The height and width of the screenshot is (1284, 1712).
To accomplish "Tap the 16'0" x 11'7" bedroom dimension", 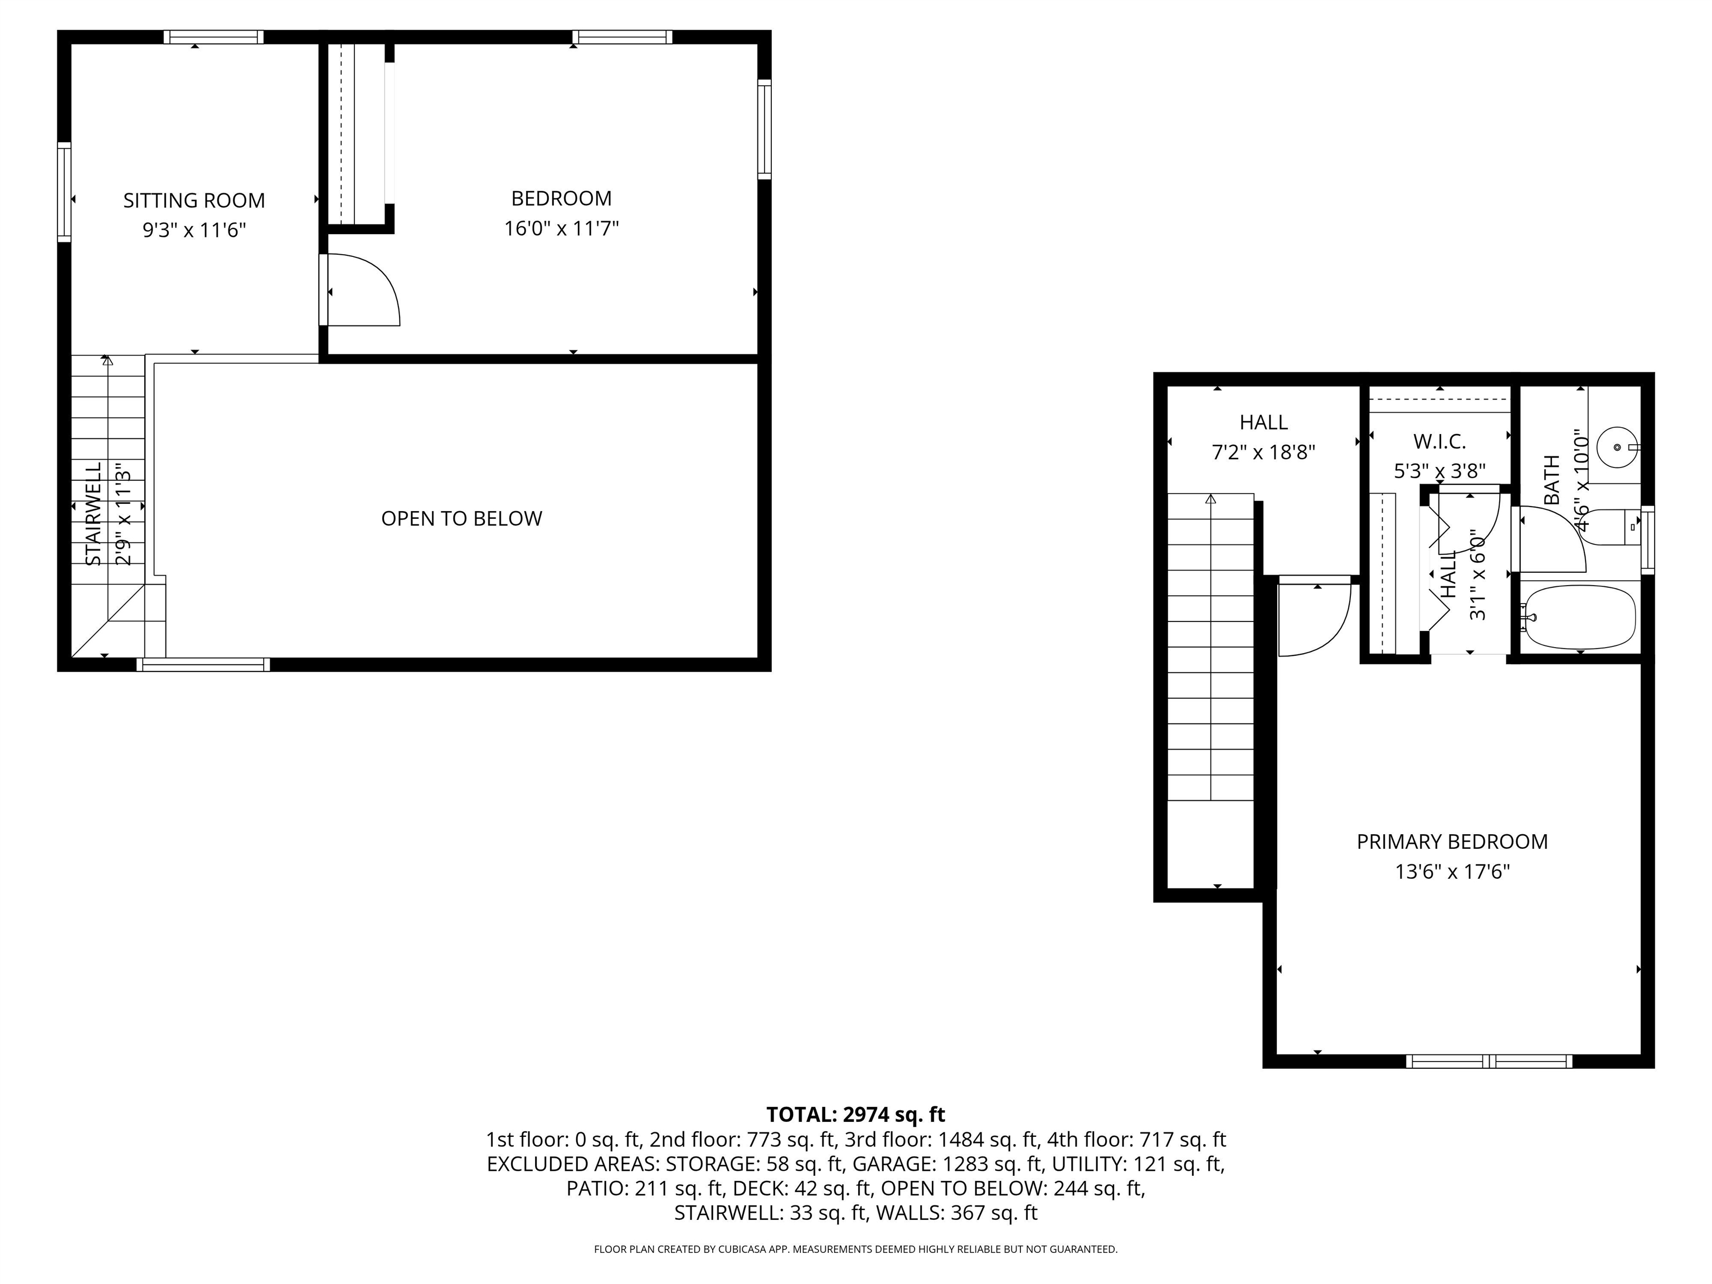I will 561,228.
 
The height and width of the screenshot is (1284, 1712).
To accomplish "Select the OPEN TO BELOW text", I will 461,518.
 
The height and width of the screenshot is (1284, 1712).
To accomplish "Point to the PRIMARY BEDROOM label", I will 1452,842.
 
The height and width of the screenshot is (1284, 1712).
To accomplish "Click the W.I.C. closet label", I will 1439,441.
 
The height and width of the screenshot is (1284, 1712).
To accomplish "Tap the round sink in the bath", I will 1618,448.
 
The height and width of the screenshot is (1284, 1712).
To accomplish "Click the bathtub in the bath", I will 1579,617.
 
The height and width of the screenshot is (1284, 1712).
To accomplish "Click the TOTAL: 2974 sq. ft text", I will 855,1115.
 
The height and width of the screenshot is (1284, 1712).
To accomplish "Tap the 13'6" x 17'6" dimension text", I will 1452,872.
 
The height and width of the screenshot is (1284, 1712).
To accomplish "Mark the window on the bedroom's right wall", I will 764,129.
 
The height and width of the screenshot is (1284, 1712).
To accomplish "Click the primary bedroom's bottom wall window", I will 1489,1061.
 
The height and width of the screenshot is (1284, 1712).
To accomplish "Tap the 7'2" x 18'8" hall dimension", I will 1263,452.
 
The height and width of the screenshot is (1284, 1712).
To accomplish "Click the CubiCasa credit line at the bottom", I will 855,1249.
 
